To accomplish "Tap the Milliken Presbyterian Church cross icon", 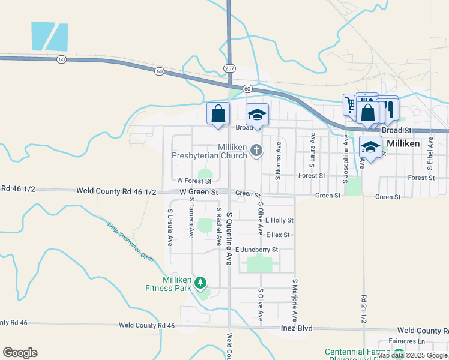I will pos(257,150).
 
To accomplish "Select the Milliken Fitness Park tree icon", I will pos(201,283).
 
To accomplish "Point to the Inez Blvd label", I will pos(297,328).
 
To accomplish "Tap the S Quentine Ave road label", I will pos(229,235).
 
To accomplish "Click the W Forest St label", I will pos(194,181).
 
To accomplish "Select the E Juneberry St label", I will pos(256,250).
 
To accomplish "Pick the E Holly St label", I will pos(279,221).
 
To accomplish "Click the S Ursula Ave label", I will pos(170,228).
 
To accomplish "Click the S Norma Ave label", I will pos(279,160).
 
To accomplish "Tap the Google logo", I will pos(20,353).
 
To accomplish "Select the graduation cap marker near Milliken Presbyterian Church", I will pos(257,115).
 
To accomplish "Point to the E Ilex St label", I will pos(277,235).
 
